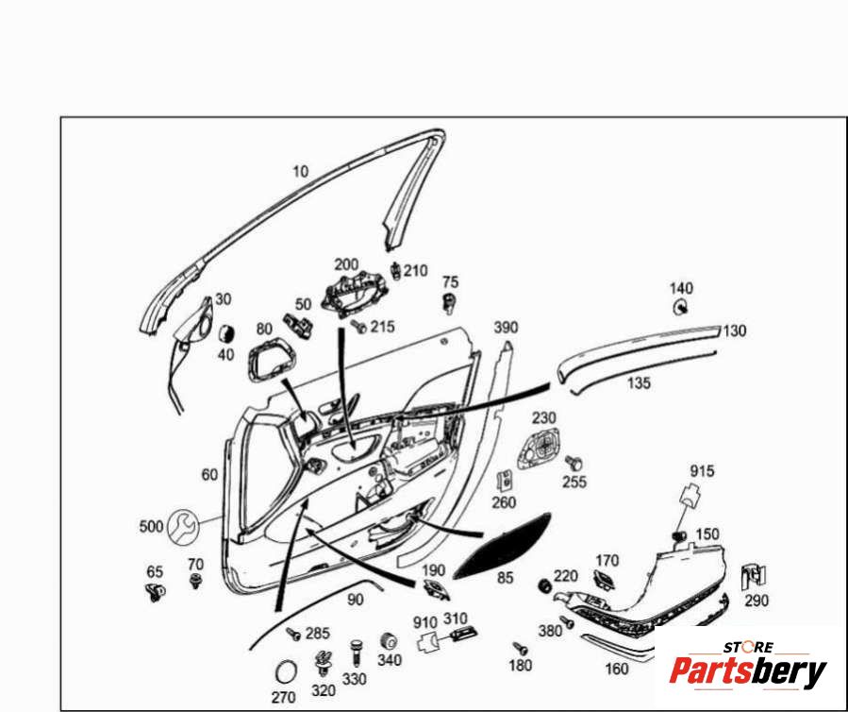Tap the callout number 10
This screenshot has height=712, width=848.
[300, 171]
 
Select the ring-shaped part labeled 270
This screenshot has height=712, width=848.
[284, 672]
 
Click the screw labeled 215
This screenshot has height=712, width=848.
[358, 327]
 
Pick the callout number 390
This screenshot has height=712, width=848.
[507, 327]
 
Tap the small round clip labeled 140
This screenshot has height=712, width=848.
[679, 307]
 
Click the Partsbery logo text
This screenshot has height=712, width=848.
[747, 670]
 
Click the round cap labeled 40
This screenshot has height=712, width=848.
[226, 332]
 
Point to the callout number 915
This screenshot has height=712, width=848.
[702, 471]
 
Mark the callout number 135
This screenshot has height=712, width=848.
[639, 382]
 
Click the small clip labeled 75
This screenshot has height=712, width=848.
[450, 302]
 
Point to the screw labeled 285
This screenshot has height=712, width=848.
[293, 636]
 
